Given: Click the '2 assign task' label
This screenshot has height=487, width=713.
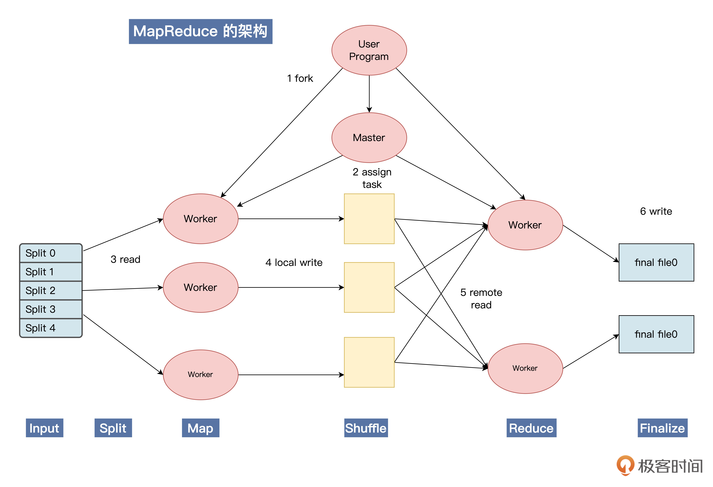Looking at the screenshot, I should point(372,178).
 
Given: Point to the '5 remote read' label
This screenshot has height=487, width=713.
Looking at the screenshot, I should point(481,299).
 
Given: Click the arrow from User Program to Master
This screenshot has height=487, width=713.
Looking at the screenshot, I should point(369,94).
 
